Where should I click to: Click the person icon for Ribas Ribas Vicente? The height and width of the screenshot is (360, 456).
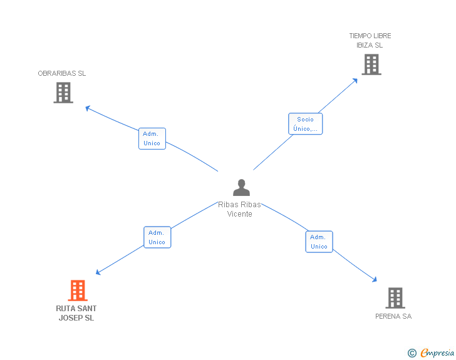(x=241, y=188)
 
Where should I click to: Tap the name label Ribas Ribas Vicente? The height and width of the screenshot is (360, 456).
(x=239, y=209)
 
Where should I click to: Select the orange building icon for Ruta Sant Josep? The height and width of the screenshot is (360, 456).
(x=77, y=291)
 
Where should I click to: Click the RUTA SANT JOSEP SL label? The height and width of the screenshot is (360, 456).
(x=76, y=313)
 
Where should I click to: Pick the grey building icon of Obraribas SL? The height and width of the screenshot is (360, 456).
(x=63, y=93)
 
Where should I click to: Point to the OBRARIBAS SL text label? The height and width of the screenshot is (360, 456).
(x=62, y=73)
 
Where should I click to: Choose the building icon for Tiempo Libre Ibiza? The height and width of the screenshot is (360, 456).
(x=371, y=64)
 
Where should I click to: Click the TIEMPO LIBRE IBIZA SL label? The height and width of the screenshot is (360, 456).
(x=370, y=41)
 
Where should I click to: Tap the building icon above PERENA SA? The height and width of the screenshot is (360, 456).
(x=395, y=298)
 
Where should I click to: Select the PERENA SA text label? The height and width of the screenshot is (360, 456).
(x=393, y=316)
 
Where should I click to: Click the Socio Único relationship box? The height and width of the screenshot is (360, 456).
(x=305, y=124)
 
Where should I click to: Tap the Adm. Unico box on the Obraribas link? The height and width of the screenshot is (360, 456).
(x=152, y=138)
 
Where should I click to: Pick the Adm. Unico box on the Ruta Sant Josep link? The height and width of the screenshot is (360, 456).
(x=157, y=237)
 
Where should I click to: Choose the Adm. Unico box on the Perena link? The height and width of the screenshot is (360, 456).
(x=319, y=242)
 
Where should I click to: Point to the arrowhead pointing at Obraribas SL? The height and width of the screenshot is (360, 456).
(x=88, y=108)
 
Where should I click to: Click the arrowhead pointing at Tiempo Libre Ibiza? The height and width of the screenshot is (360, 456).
(x=356, y=80)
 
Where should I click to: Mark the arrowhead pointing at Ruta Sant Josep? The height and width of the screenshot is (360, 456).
(x=98, y=272)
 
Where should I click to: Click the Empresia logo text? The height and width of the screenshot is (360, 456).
(x=437, y=353)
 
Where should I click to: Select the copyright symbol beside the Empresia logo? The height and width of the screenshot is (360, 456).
(x=412, y=354)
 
